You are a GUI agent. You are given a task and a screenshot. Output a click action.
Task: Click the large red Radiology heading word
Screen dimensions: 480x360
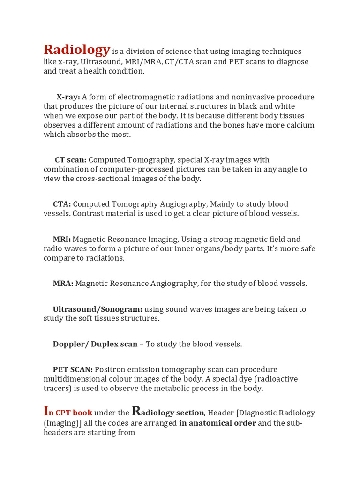tap(77, 50)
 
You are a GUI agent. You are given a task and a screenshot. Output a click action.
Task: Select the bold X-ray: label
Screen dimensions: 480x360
tap(68, 97)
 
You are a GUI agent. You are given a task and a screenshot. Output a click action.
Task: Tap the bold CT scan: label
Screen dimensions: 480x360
tap(70, 160)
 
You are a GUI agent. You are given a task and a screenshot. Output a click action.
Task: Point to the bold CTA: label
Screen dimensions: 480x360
tap(62, 204)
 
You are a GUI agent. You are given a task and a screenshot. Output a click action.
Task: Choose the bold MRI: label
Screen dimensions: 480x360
tap(61, 239)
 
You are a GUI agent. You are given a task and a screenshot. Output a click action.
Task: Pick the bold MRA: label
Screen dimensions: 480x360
tap(63, 284)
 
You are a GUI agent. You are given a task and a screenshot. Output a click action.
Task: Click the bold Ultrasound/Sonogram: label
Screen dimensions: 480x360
tap(97, 309)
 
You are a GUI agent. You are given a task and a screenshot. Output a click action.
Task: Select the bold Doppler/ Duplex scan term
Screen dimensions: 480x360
tap(95, 344)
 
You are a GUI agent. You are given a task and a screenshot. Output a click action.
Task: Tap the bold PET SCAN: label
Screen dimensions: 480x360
tap(73, 369)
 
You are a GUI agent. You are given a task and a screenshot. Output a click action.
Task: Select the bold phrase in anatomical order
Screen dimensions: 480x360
tap(217, 423)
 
